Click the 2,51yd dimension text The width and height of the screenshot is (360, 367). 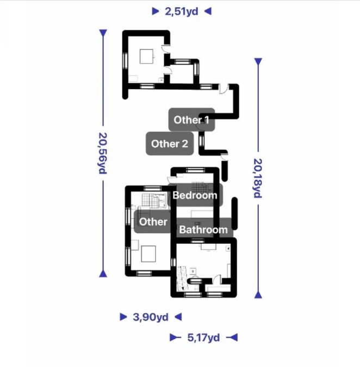click(182, 11)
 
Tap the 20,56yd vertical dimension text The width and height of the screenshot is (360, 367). click(103, 153)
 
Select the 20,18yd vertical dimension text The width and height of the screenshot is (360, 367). click(257, 178)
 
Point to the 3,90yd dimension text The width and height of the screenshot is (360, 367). click(151, 317)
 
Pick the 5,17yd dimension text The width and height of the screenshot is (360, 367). click(203, 338)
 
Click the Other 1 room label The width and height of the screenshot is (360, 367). click(191, 120)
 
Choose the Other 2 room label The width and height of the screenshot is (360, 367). click(170, 144)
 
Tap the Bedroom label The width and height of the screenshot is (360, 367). click(195, 195)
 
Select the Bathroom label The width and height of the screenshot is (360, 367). click(203, 229)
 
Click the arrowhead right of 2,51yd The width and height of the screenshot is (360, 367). click(208, 11)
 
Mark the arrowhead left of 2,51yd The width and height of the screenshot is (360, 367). click(156, 11)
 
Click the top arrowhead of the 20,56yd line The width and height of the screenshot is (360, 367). click(103, 33)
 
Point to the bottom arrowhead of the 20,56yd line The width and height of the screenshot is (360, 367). click(103, 273)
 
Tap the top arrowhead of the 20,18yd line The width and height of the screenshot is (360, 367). click(258, 61)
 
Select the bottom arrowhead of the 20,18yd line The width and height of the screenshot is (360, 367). click(258, 295)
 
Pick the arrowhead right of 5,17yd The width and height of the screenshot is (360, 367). click(232, 338)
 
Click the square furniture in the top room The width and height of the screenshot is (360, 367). click(146, 56)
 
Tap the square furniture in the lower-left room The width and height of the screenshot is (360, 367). click(148, 254)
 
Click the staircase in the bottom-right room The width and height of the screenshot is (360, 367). click(182, 278)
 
